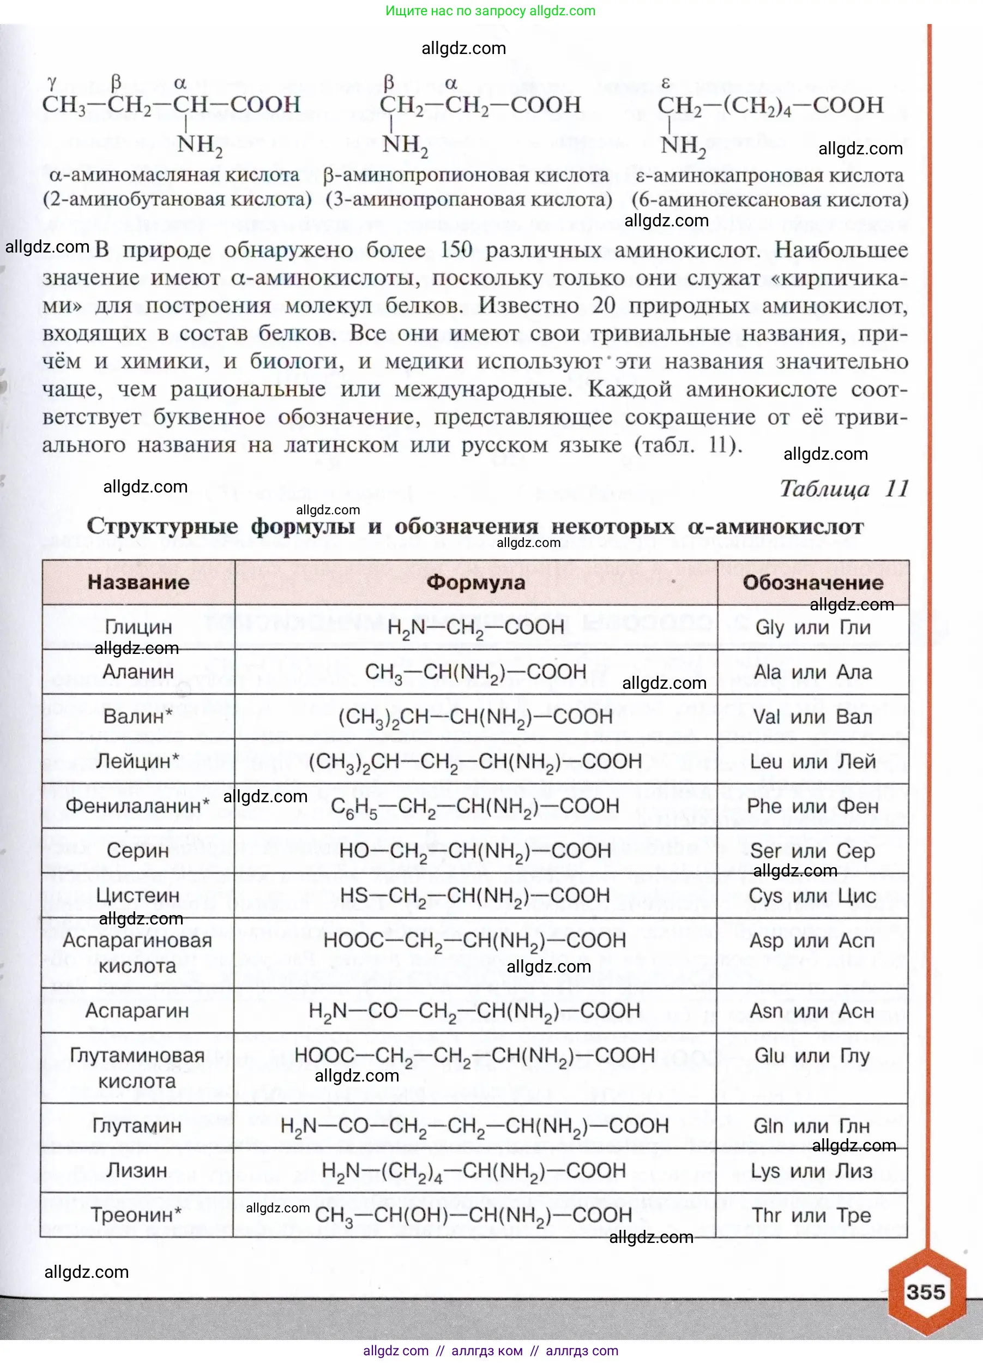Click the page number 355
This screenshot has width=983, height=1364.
tap(925, 1292)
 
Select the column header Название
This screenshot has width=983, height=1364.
tap(138, 582)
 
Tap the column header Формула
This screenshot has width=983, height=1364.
tap(475, 582)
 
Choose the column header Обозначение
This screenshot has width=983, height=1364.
tap(813, 582)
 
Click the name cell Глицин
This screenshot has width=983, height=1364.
tap(138, 627)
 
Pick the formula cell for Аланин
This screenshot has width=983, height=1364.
tap(475, 672)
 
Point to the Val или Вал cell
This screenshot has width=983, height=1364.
tap(813, 717)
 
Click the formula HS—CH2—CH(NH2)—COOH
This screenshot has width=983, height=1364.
tap(475, 896)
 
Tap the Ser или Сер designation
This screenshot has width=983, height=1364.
tap(813, 851)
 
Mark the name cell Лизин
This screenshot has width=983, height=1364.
tap(137, 1170)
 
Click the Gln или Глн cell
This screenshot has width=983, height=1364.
tap(812, 1125)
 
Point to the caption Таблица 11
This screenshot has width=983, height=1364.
tap(843, 489)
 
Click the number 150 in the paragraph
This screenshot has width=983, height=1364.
tap(456, 250)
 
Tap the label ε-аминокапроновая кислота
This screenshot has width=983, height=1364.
tap(770, 176)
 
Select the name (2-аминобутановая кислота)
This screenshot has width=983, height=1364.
tap(177, 200)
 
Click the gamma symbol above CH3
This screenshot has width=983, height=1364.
tap(52, 83)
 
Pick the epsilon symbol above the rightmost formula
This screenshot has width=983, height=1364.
tap(666, 83)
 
